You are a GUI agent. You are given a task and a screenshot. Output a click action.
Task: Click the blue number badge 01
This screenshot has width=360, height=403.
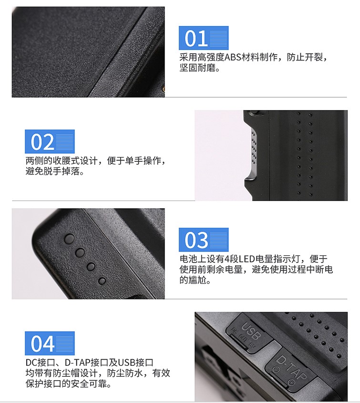204,38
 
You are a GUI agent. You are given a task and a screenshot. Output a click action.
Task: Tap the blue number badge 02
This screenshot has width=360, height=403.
50,141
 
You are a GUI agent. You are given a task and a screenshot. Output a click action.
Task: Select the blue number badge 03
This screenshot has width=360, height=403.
204,240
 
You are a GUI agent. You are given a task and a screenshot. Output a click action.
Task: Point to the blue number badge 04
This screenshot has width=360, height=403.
50,343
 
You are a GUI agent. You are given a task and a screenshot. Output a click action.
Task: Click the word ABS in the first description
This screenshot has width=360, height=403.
233,57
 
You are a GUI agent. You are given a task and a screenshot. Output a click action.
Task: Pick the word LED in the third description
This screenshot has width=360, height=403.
247,259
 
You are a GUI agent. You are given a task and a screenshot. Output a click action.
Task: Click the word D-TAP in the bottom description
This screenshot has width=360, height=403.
76,363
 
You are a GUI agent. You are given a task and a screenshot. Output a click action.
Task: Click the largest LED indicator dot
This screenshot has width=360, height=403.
70,239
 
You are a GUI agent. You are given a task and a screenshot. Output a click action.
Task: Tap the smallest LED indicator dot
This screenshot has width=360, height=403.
102,281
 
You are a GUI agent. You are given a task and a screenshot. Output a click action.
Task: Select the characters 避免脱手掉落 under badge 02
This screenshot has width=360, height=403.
52,171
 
